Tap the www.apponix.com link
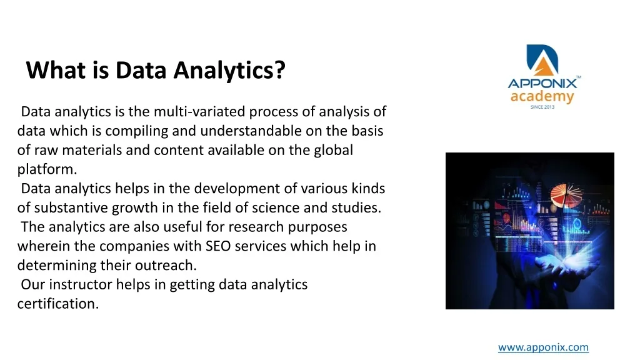point(543,347)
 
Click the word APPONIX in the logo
point(542,84)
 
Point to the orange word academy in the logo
point(542,97)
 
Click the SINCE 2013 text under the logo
point(542,107)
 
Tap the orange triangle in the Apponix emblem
point(543,67)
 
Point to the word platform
point(47,169)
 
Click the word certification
point(58,304)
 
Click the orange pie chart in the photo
point(566,195)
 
